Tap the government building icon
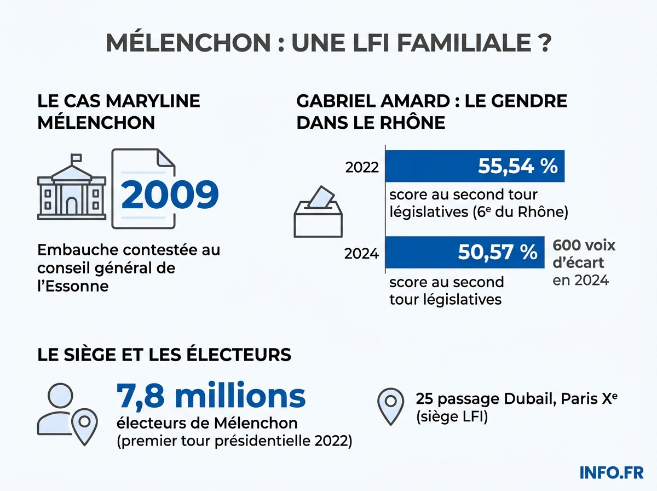(71, 190)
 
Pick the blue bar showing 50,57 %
(464, 252)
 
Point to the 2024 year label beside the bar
(362, 254)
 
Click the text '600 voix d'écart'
(584, 253)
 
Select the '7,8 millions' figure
(211, 396)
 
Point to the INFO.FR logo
(611, 472)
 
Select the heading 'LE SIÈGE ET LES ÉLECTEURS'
(164, 355)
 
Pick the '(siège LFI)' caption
(451, 417)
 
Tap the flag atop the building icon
(76, 157)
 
